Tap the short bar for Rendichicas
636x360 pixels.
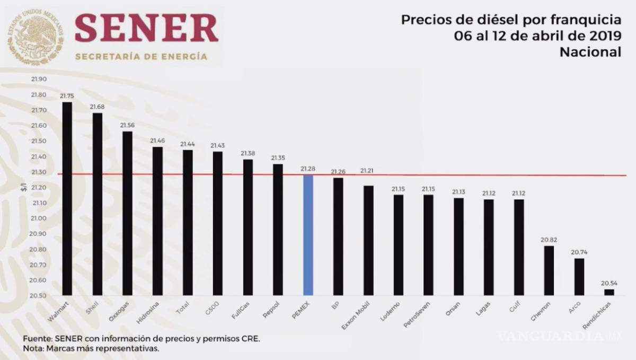pos(609,292)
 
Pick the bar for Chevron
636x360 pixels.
pos(549,270)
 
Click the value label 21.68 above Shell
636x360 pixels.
pos(97,107)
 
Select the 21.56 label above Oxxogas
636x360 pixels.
pos(127,125)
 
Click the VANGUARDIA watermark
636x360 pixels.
pos(556,336)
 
